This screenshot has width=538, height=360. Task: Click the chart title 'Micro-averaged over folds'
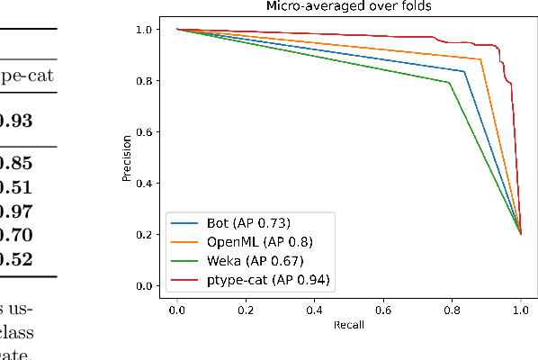click(348, 7)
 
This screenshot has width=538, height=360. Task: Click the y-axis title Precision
click(127, 157)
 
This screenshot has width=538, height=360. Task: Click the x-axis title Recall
click(349, 324)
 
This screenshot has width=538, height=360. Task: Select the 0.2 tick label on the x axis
click(246, 309)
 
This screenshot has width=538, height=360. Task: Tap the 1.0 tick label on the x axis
click(521, 309)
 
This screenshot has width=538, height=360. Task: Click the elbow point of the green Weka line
click(449, 83)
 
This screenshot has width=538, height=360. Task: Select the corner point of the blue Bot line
click(464, 71)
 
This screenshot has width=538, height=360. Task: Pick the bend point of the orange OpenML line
click(481, 59)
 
